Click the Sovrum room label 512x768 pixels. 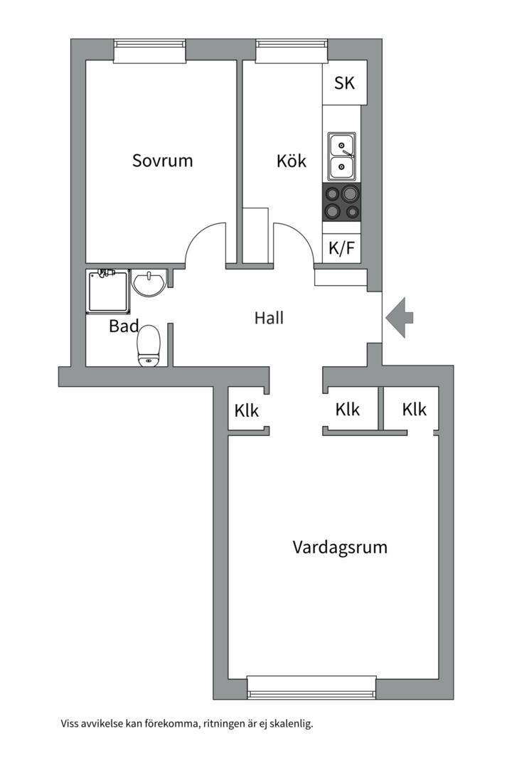coord(162,160)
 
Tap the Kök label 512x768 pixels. coord(292,161)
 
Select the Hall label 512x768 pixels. coord(269,318)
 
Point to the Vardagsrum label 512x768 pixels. coord(340,548)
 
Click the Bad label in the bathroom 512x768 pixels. coord(124,327)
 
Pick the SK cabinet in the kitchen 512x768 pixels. coord(345,83)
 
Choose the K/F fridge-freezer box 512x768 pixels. coord(341,250)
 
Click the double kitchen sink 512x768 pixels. coord(341,156)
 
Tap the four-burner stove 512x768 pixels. coord(342,202)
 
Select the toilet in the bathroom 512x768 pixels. coord(149,345)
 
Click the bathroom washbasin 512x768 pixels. coord(148,284)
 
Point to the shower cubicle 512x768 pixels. coord(109,291)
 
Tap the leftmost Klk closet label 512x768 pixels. coord(247,411)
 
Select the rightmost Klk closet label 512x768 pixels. coord(414,410)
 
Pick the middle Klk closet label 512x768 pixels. coord(348,410)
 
